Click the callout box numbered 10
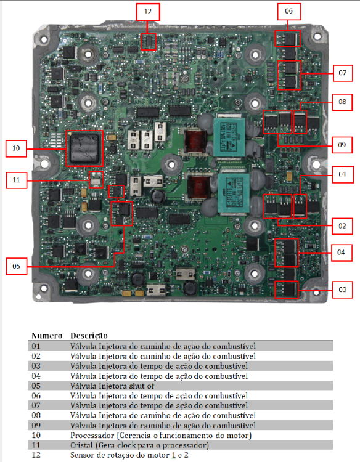(16, 148)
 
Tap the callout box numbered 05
(17, 266)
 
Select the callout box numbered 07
(343, 73)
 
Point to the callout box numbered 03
(342, 290)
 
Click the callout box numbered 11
(17, 180)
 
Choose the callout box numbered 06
(289, 12)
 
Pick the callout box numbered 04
(342, 253)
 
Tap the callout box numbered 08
(342, 102)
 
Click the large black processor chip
(84, 148)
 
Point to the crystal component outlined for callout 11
(96, 180)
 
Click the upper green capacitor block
(229, 137)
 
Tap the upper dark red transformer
(195, 141)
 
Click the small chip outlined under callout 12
(148, 41)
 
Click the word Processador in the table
(92, 435)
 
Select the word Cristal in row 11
(81, 445)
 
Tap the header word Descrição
(89, 336)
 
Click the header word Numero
(47, 336)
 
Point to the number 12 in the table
(36, 455)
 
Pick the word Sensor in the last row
(81, 455)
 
